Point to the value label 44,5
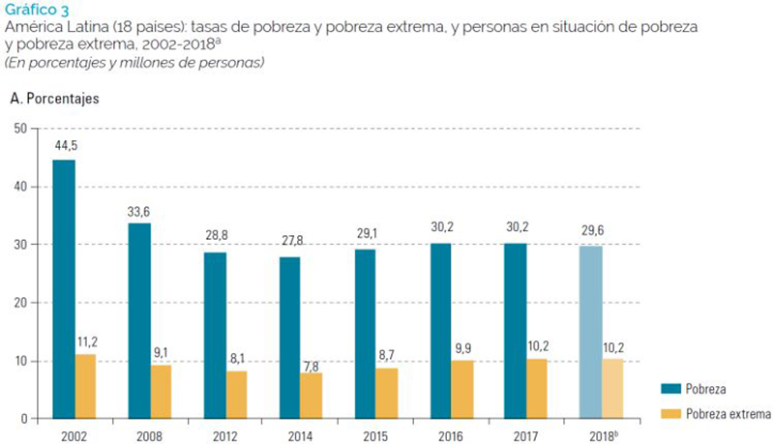coord(65,146)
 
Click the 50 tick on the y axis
coord(20,128)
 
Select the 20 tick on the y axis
coord(20,303)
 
